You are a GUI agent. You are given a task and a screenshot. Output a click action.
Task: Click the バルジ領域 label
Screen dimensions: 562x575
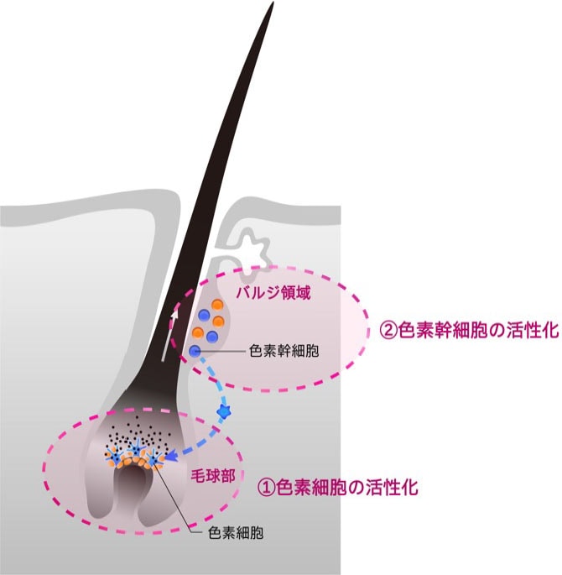(x=273, y=293)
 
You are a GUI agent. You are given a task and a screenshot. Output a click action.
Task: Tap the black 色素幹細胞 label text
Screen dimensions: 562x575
(x=284, y=351)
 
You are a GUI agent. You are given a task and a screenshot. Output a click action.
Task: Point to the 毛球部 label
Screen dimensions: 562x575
(x=213, y=476)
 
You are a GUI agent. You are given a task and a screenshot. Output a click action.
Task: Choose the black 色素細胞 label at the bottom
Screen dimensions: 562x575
(x=236, y=533)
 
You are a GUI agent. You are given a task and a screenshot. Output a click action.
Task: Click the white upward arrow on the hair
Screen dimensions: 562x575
(x=169, y=335)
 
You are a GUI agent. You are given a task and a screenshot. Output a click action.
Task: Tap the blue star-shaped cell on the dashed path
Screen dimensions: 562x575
(x=223, y=411)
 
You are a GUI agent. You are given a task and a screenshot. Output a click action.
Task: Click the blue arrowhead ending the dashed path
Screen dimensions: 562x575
(x=172, y=456)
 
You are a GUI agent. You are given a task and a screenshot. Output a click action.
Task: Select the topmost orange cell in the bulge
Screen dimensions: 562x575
(x=217, y=305)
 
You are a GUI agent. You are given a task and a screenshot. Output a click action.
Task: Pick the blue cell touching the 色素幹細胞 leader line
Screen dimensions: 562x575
(x=195, y=351)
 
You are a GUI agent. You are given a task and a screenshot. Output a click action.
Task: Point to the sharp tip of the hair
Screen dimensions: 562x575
(x=273, y=3)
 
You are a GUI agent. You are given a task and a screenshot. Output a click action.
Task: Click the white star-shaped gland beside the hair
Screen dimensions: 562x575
(x=253, y=252)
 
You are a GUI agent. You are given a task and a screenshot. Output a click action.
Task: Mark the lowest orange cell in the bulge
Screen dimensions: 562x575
(x=197, y=332)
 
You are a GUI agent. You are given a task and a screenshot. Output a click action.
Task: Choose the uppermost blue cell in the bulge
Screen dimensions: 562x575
(x=204, y=315)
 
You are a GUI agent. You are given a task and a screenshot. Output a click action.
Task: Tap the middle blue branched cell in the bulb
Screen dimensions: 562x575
(x=136, y=452)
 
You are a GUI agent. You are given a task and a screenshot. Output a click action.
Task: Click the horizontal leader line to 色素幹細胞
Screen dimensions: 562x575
(x=223, y=352)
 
